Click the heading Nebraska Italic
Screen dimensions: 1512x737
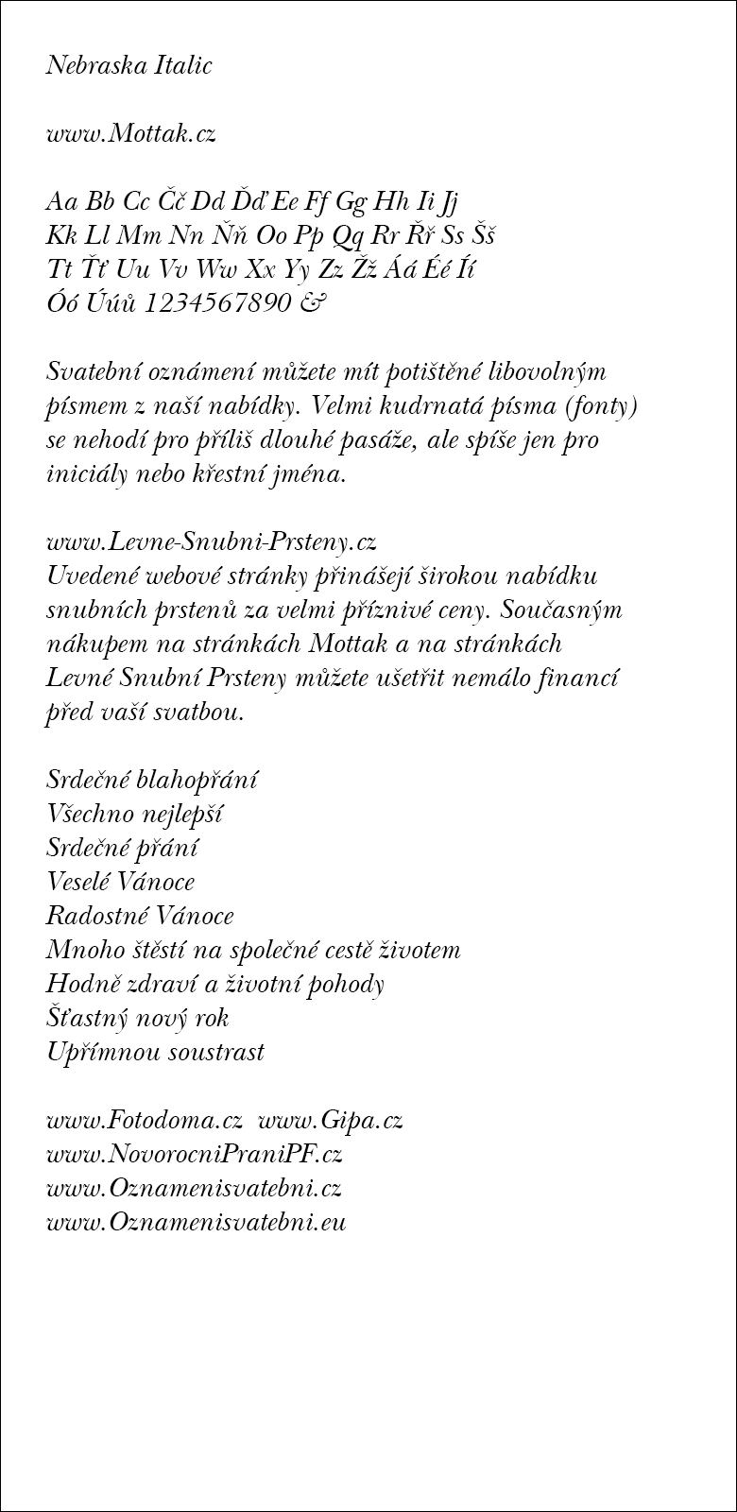click(129, 65)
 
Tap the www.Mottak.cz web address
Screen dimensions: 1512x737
click(131, 133)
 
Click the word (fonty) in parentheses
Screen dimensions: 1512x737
click(606, 405)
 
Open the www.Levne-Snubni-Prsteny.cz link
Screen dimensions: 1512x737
click(212, 541)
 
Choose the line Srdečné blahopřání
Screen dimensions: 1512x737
click(151, 780)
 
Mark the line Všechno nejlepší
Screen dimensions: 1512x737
click(134, 814)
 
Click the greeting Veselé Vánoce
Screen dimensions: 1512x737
click(120, 882)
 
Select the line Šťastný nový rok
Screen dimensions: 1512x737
click(137, 1018)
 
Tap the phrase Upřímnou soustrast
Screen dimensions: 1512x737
click(155, 1052)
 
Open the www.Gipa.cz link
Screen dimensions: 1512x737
click(331, 1120)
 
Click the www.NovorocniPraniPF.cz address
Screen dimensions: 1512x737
click(194, 1154)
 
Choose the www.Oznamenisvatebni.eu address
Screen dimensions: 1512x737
click(197, 1222)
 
